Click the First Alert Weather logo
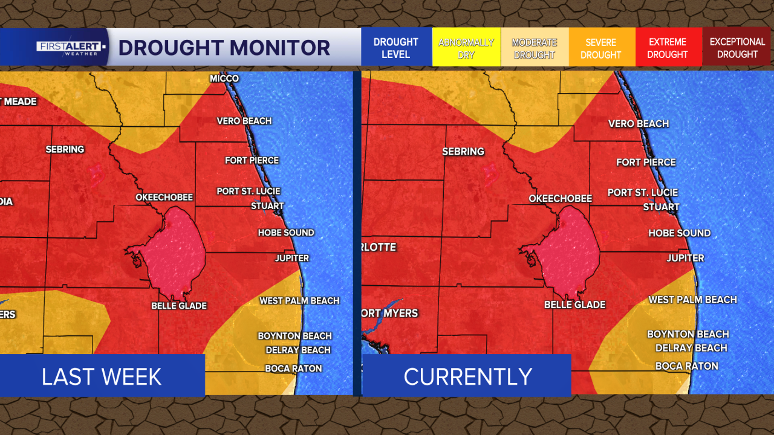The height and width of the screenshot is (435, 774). pyautogui.click(x=71, y=48)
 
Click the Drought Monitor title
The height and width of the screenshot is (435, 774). pyautogui.click(x=224, y=48)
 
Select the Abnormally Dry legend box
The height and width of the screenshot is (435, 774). pyautogui.click(x=466, y=48)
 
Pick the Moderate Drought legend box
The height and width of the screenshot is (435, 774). pyautogui.click(x=534, y=48)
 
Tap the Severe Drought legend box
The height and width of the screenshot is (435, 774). pyautogui.click(x=601, y=48)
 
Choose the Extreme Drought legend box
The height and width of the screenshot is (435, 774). pyautogui.click(x=668, y=48)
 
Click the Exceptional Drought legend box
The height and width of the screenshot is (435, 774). pyautogui.click(x=737, y=48)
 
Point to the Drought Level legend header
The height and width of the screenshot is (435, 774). pyautogui.click(x=396, y=48)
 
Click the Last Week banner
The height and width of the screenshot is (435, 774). pyautogui.click(x=102, y=376)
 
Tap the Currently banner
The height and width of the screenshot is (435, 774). pyautogui.click(x=467, y=376)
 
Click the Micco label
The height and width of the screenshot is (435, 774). pyautogui.click(x=224, y=79)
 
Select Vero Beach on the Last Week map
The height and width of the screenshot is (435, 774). pyautogui.click(x=244, y=121)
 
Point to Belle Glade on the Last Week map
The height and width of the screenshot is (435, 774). pyautogui.click(x=179, y=306)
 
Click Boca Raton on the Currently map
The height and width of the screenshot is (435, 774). pyautogui.click(x=687, y=366)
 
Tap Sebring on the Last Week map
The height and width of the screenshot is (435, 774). pyautogui.click(x=65, y=149)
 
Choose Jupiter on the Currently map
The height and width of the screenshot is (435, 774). pyautogui.click(x=685, y=258)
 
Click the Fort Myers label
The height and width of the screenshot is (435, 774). pyautogui.click(x=390, y=313)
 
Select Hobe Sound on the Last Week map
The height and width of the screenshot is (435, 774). pyautogui.click(x=286, y=233)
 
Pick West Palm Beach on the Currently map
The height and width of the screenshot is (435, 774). pyautogui.click(x=692, y=300)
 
